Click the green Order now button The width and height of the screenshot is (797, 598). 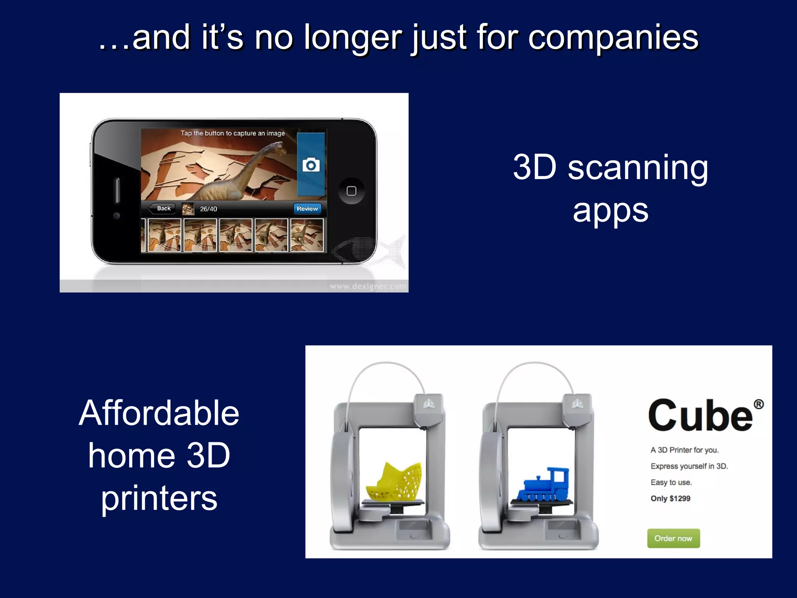click(x=673, y=538)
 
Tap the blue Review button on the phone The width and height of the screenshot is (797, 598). click(x=307, y=209)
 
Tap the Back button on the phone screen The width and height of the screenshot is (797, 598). click(x=162, y=209)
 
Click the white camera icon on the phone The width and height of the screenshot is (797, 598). click(x=311, y=165)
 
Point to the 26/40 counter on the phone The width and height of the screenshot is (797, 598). click(x=209, y=209)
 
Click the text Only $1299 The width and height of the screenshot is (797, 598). click(x=671, y=498)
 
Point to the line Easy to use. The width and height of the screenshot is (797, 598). click(x=671, y=482)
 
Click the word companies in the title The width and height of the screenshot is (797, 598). click(x=613, y=38)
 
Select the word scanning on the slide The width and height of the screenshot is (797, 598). click(x=638, y=168)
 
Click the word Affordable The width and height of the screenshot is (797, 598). click(x=159, y=413)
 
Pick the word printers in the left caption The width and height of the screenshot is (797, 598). click(x=159, y=499)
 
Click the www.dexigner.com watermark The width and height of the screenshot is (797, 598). click(x=368, y=287)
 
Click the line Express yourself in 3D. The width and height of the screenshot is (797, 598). click(x=689, y=466)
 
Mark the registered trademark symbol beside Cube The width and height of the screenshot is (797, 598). click(x=758, y=405)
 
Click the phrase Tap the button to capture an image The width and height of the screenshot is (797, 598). click(x=233, y=133)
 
